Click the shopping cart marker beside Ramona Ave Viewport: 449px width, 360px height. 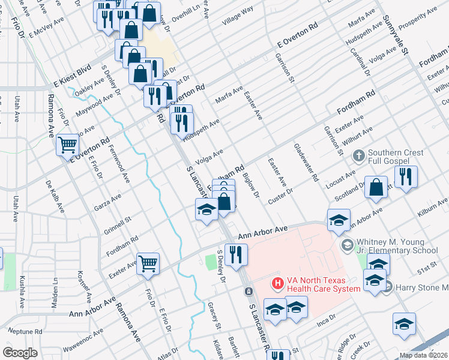[x=68, y=145]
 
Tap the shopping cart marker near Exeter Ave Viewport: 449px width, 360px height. [x=148, y=262]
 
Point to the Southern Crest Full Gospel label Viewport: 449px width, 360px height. [x=396, y=157]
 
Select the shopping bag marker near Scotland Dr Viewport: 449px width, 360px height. [x=375, y=187]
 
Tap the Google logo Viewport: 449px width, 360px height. [x=20, y=352]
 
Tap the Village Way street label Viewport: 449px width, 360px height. [x=238, y=16]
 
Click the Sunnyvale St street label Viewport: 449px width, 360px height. [x=396, y=35]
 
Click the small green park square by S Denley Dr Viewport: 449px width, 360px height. [x=210, y=262]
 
